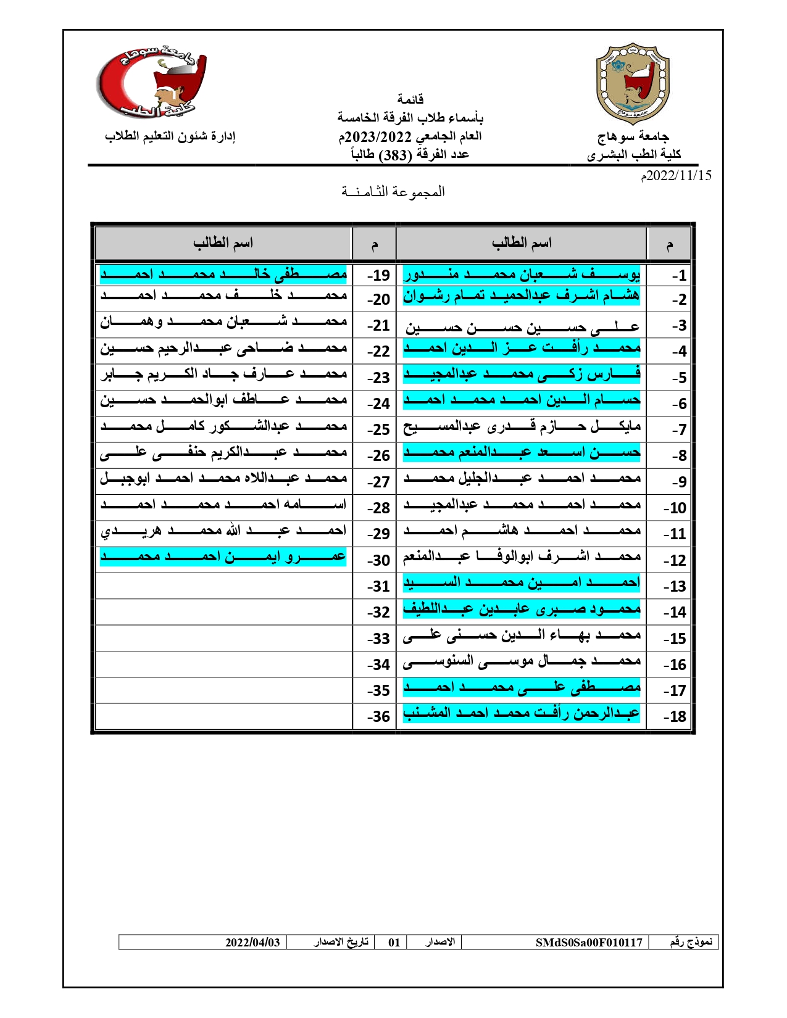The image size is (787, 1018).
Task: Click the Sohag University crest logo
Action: [x=632, y=84]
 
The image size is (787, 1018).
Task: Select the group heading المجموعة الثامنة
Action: [x=393, y=192]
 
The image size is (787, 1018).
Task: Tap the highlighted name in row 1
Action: [x=522, y=275]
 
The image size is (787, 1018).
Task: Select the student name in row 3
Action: [x=522, y=326]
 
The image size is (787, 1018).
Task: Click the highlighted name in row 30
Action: [x=223, y=557]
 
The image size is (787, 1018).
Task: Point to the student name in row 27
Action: [x=223, y=479]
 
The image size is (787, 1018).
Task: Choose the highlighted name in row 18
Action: [x=522, y=714]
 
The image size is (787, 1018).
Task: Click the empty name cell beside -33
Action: [x=223, y=639]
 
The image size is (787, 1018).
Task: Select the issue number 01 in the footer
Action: [x=394, y=942]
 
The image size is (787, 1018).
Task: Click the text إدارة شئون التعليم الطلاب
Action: [x=170, y=136]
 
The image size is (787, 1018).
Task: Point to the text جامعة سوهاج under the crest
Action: [x=633, y=136]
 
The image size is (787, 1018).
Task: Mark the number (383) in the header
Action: [x=394, y=155]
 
